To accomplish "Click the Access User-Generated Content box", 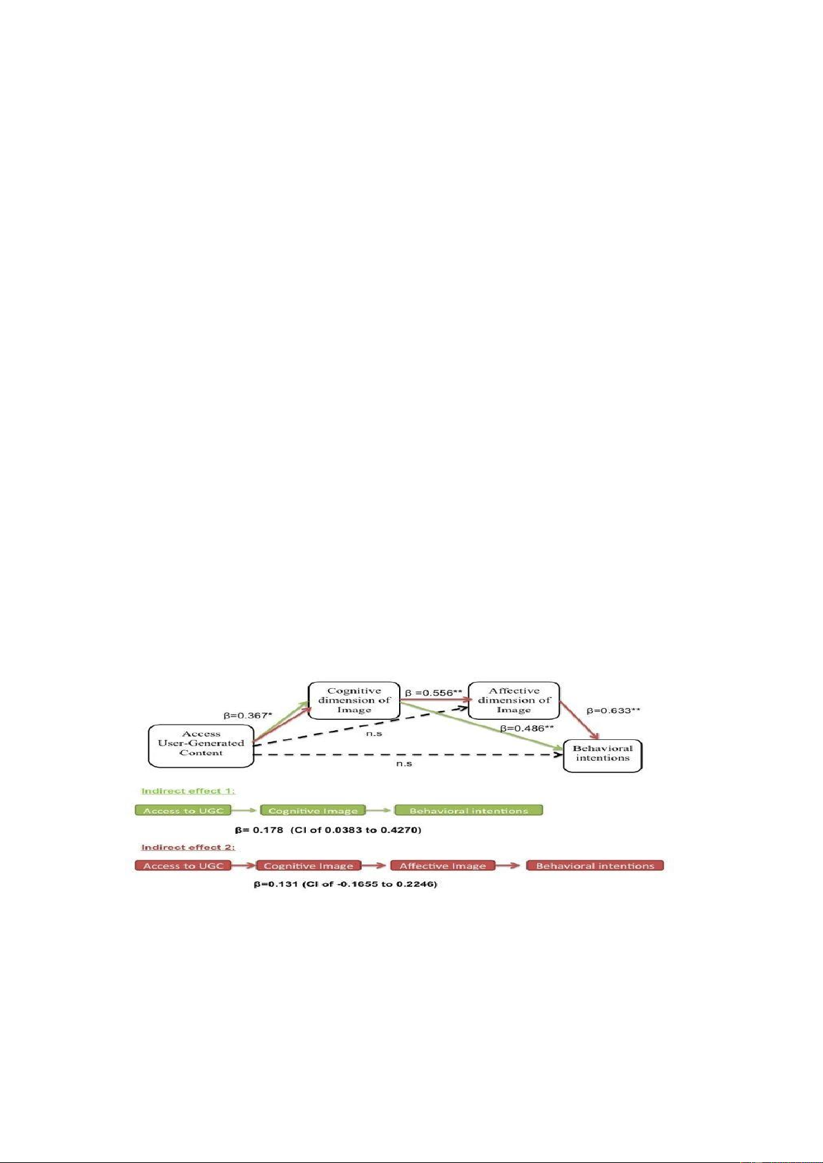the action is [x=201, y=746].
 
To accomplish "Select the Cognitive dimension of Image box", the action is [x=354, y=701].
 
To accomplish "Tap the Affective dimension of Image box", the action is [x=514, y=701].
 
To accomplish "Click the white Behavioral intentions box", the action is [x=603, y=755].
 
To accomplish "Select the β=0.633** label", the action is [x=613, y=710].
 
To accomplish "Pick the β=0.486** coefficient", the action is [x=527, y=728].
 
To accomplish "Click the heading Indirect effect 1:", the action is [x=188, y=791].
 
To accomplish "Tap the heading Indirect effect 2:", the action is [x=188, y=848].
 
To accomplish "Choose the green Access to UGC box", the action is [x=183, y=810].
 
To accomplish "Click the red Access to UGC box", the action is [x=183, y=866].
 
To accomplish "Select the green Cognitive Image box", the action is [x=313, y=810].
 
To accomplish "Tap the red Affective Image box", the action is [x=443, y=866].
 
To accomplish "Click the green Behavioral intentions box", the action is [x=469, y=810].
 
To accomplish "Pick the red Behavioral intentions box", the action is [x=595, y=866].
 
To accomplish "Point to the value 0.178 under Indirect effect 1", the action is [x=267, y=830].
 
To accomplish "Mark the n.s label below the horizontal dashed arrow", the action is [x=404, y=764].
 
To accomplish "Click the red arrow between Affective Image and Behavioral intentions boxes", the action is [x=511, y=866].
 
